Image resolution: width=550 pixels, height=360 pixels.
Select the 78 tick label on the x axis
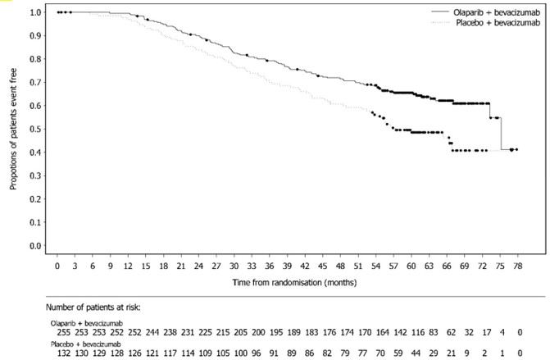(514, 267)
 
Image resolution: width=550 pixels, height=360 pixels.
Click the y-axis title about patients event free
(14, 130)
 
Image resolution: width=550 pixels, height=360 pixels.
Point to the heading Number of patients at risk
(94, 307)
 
